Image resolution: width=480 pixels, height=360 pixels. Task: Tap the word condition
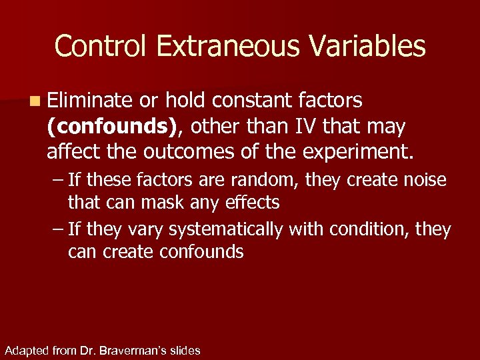tap(363, 230)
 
